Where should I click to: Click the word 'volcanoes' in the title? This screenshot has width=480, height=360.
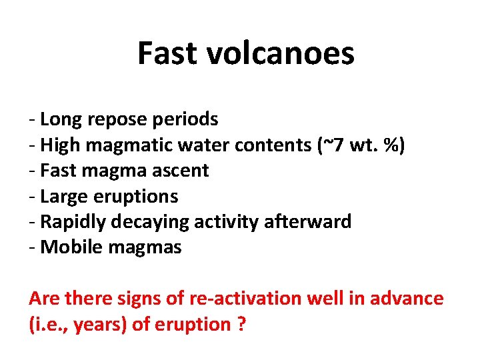288,53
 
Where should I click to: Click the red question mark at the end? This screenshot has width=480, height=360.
241,325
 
